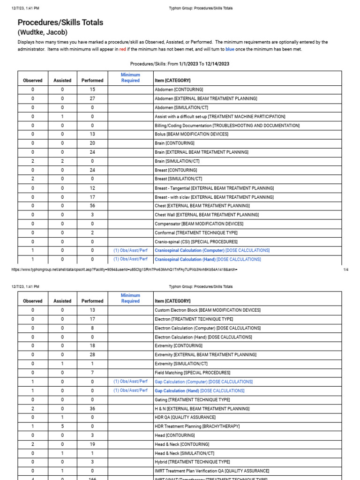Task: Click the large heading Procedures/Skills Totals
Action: coord(60,22)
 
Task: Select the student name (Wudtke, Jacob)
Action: coord(43,32)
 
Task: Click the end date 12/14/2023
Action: coord(217,64)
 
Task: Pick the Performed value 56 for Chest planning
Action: coord(92,206)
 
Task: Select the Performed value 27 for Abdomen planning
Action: coord(92,98)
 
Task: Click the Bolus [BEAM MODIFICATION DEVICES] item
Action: coord(192,134)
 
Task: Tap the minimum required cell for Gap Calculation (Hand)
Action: coord(130,390)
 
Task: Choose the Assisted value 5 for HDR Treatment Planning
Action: coord(62,426)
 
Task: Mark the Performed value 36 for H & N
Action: coord(92,408)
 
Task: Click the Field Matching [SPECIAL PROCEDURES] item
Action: coord(192,373)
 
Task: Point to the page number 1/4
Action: coord(346,270)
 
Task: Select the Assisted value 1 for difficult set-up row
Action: coord(62,116)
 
